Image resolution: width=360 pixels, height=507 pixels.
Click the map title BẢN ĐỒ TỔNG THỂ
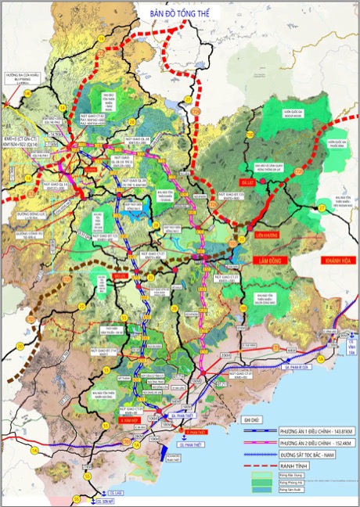tap(181, 13)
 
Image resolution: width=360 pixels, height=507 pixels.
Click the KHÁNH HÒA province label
tap(314, 258)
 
